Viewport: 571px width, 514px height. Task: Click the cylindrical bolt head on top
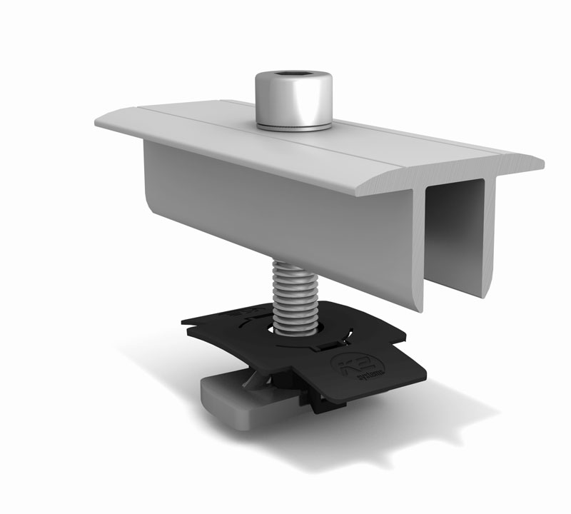click(293, 100)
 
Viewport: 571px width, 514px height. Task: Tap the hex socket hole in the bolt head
click(293, 75)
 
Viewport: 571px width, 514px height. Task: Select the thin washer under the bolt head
click(293, 127)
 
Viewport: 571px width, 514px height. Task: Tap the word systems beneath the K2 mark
click(363, 375)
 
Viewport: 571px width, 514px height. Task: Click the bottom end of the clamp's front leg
click(420, 303)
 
